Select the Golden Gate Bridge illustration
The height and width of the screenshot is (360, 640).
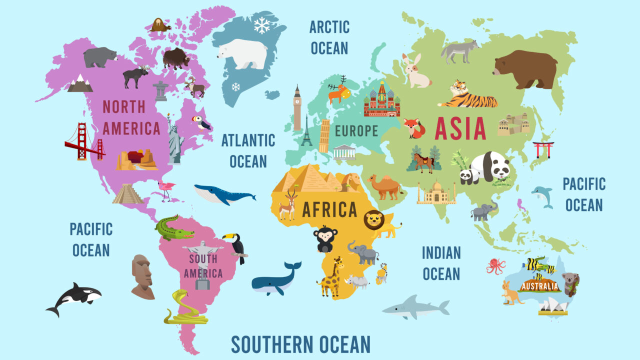point(84,142)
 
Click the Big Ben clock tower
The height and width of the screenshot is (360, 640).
point(297,107)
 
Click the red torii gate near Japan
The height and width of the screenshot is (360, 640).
point(543,149)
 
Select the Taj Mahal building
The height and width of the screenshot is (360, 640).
point(436,192)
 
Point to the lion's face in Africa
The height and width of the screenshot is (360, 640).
point(374,220)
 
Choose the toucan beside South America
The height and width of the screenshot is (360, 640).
point(236,246)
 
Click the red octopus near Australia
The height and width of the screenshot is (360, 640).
point(496,265)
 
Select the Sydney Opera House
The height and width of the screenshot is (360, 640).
point(553,306)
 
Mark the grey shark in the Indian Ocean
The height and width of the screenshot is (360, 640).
point(415,307)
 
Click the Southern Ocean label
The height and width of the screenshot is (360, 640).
point(300,344)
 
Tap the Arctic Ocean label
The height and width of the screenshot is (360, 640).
point(329,37)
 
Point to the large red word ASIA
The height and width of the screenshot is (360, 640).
point(460,128)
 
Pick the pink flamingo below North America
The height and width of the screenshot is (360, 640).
point(167,190)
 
